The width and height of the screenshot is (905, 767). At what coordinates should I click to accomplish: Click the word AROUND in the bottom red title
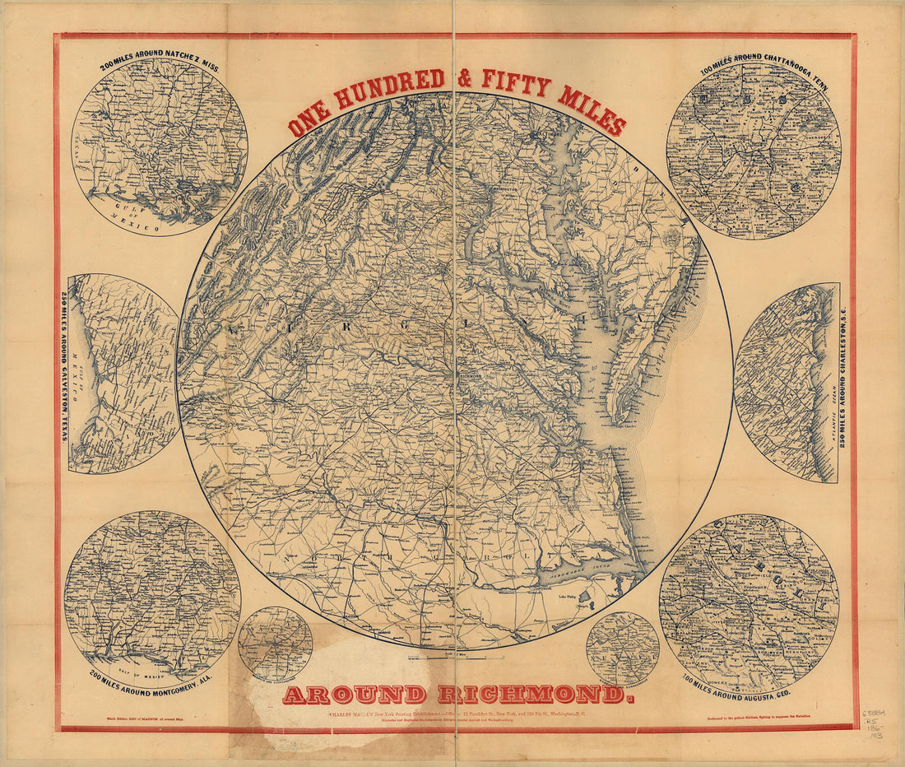(354, 695)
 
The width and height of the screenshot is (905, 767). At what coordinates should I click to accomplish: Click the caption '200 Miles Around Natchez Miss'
(159, 63)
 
